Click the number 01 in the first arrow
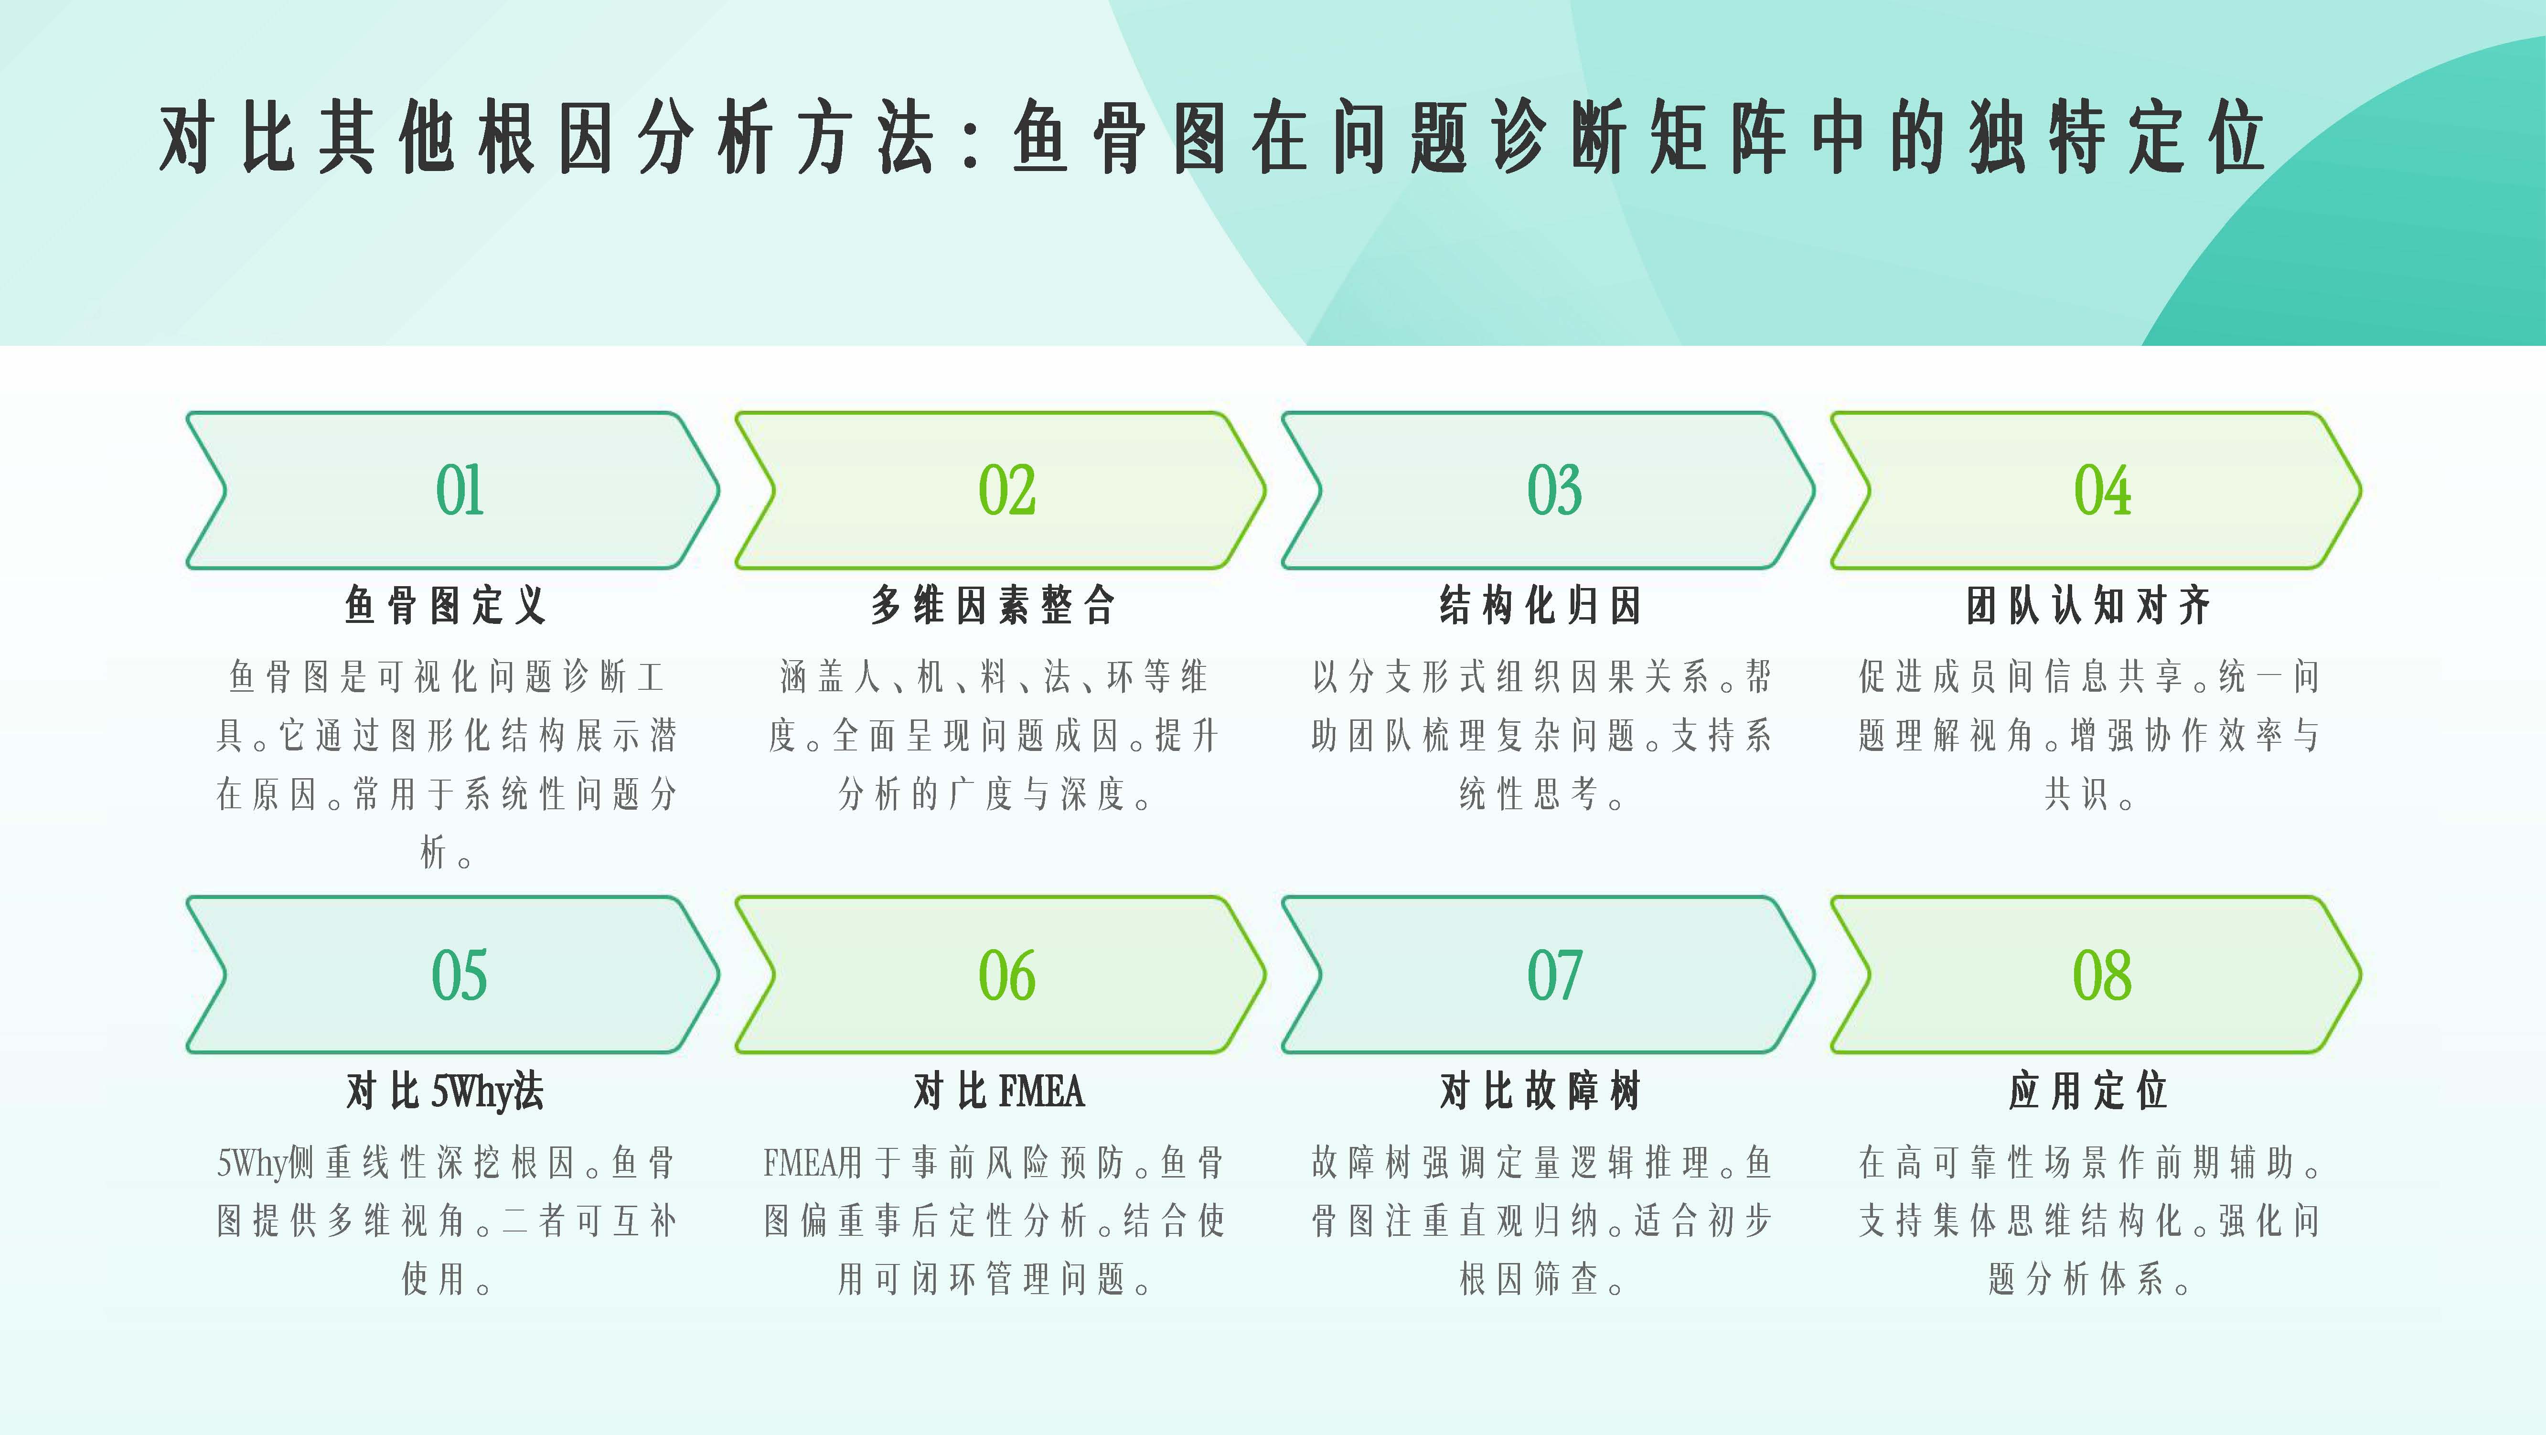(x=460, y=490)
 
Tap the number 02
(x=1007, y=490)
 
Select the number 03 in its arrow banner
(x=1555, y=490)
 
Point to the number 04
(x=2102, y=490)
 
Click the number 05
(x=460, y=975)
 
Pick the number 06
(x=1007, y=975)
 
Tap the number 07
(x=1555, y=975)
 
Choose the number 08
(x=2102, y=975)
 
